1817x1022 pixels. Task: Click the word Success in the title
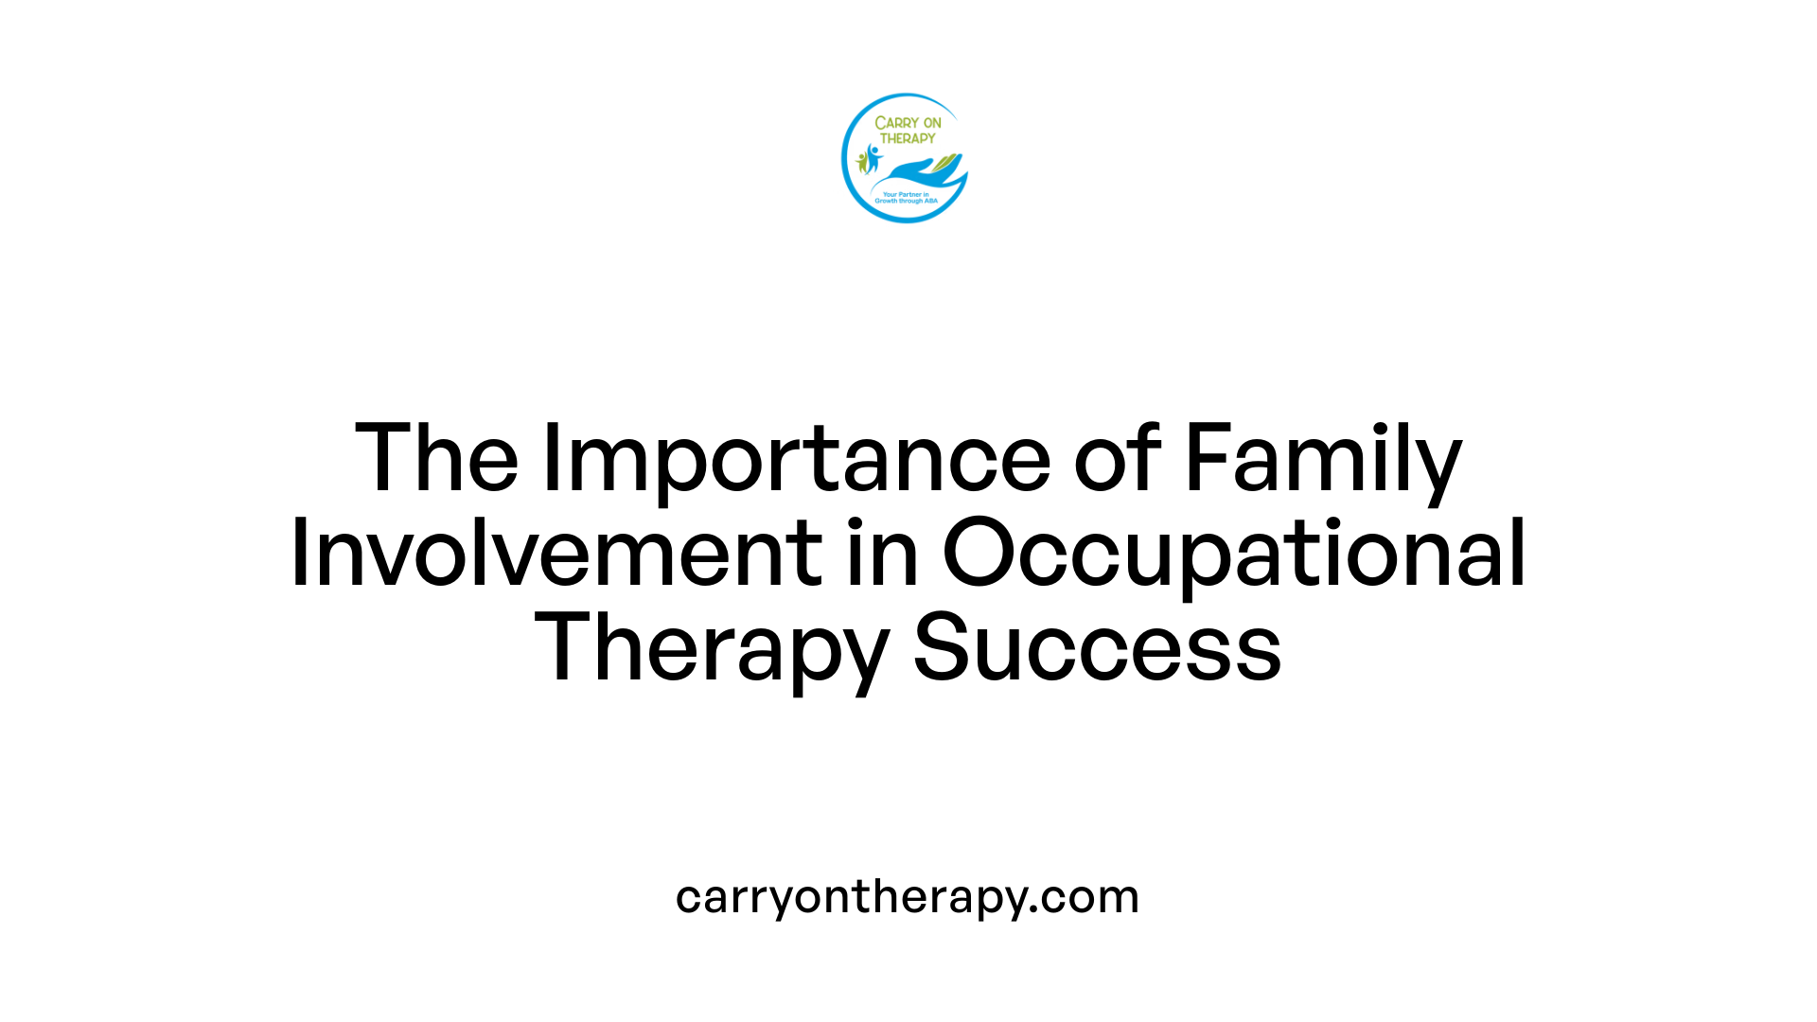point(1097,649)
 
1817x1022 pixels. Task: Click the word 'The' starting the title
point(436,460)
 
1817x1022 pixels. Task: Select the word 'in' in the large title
point(882,555)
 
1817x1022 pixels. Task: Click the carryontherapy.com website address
point(908,897)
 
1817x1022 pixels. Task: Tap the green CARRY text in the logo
point(895,123)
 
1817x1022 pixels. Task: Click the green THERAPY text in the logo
point(908,138)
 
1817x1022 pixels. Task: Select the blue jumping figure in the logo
point(873,157)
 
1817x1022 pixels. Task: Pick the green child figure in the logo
point(861,163)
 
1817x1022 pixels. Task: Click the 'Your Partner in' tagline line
point(906,194)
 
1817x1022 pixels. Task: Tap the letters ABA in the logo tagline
point(930,201)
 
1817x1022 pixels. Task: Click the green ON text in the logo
point(932,123)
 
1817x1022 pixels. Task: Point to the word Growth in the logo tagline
point(886,201)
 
